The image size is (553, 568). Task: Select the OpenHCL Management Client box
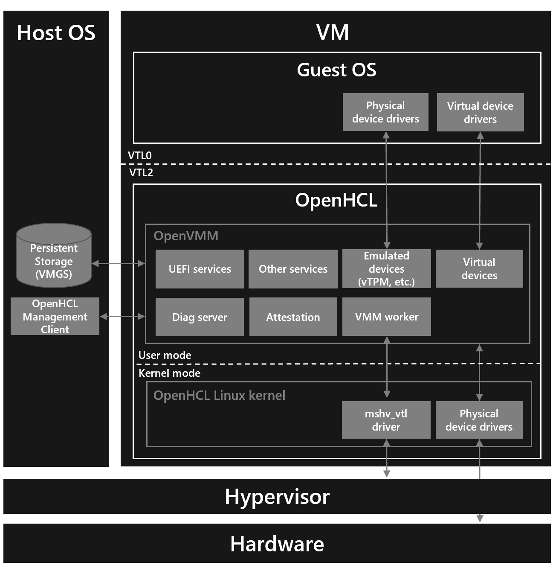[x=55, y=316]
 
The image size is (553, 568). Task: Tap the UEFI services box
[x=200, y=269]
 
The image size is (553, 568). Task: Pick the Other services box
[x=293, y=269]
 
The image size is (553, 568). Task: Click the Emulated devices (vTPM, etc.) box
[x=386, y=269]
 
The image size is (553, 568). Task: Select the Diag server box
[x=200, y=317]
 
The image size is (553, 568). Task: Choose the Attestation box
[x=293, y=317]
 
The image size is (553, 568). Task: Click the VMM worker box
[x=386, y=317]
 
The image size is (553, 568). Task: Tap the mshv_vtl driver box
[x=386, y=420]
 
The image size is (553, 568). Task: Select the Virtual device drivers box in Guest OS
[x=480, y=112]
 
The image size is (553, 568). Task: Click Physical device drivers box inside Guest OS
[x=385, y=112]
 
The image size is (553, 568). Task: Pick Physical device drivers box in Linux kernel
[x=479, y=420]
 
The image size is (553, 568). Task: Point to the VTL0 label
[x=139, y=156]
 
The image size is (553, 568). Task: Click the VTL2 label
[x=141, y=173]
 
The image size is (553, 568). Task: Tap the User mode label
[x=165, y=355]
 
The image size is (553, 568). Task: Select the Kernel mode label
[x=169, y=373]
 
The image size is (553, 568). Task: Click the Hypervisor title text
[x=277, y=497]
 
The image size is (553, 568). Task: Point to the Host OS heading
[x=56, y=33]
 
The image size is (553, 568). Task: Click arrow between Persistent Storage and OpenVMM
[x=118, y=264]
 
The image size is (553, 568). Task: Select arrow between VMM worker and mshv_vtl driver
[x=387, y=367]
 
